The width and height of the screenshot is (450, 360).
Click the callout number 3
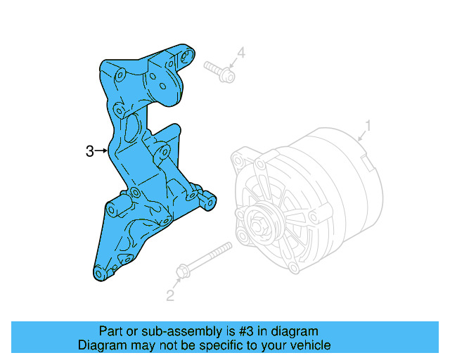(89, 150)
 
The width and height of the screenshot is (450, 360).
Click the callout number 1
(367, 127)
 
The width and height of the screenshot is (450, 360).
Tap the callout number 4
(240, 53)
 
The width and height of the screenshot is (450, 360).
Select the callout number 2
(169, 295)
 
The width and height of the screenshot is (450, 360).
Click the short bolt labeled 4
(219, 70)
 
